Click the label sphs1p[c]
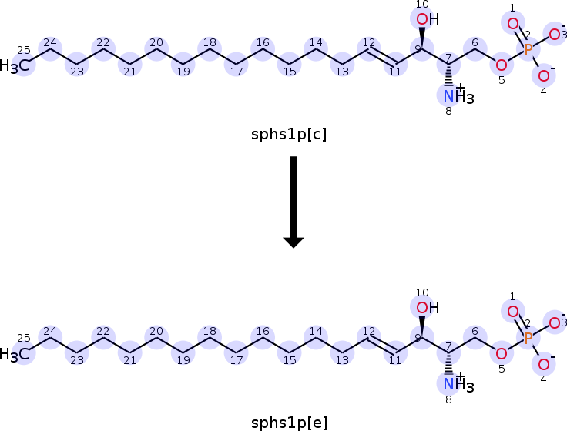289,135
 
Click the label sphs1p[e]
289,423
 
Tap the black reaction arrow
294,202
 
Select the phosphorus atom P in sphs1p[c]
528,49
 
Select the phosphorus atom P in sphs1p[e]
528,338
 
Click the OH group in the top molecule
428,19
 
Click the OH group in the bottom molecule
428,308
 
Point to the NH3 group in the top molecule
458,95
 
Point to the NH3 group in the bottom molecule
458,383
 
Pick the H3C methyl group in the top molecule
15,65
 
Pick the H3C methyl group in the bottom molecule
15,354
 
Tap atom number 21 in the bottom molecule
130,353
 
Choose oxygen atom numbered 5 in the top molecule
502,65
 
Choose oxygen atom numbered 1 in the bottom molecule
513,311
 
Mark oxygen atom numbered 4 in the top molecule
543,76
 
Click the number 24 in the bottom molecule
50,331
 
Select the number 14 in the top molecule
316,42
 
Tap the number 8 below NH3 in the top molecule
448,112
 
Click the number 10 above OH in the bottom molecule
422,292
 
